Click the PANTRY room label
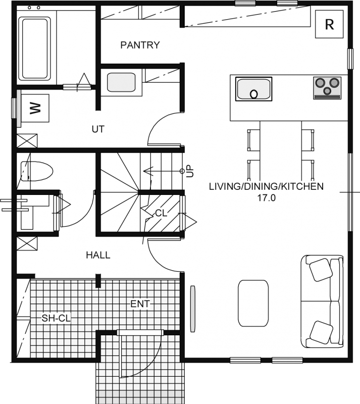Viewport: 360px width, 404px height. [140, 45]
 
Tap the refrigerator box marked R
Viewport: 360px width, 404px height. [329, 24]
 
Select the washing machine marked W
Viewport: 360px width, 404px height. [35, 108]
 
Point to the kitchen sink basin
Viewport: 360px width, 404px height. [253, 89]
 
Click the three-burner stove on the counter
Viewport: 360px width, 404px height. [327, 88]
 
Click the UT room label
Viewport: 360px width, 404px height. [98, 129]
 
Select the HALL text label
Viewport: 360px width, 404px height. [98, 255]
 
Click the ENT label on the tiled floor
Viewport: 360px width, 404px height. [140, 304]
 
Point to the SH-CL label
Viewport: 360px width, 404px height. [56, 318]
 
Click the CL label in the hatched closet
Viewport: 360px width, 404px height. [161, 213]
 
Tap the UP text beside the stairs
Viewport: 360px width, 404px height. [190, 171]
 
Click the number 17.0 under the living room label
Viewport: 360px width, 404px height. [266, 198]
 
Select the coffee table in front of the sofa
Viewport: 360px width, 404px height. [253, 304]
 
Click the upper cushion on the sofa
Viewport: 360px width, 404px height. [320, 270]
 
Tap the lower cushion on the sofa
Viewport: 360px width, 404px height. [321, 332]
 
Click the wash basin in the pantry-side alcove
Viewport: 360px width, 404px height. [121, 82]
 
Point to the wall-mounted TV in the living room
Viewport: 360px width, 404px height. [193, 309]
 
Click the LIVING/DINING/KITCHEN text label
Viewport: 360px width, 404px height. [266, 186]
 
